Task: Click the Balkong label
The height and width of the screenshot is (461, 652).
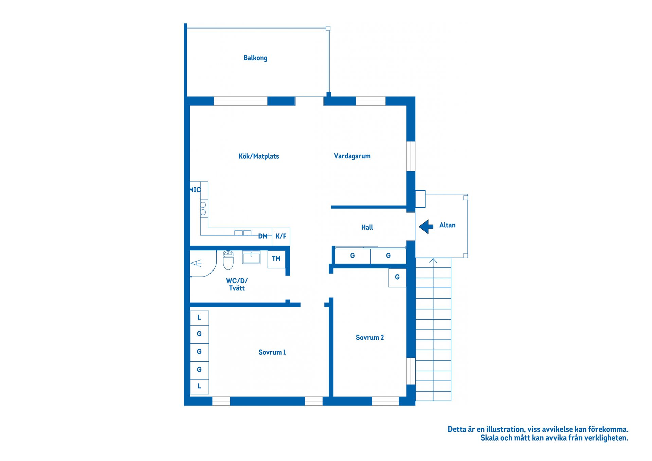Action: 255,58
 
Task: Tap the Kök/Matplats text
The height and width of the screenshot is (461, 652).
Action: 258,156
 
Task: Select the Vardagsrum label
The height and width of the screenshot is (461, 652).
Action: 352,156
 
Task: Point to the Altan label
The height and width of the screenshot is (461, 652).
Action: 447,225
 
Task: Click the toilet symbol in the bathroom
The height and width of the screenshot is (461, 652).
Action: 228,260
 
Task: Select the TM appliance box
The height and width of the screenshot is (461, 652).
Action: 276,259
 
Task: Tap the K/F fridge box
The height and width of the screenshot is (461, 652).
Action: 281,236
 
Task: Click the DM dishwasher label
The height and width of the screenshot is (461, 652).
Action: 262,236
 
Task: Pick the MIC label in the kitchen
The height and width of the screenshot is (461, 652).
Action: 195,190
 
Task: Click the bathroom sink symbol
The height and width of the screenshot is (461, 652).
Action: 251,257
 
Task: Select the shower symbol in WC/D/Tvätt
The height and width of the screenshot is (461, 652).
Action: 196,263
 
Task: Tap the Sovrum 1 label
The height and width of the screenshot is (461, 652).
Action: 272,352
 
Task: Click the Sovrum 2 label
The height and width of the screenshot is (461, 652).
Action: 369,337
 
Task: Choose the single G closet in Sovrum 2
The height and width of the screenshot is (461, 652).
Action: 397,278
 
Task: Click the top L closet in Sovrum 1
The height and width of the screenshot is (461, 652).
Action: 199,318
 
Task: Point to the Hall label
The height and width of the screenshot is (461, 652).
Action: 367,227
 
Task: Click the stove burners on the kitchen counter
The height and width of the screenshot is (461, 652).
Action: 203,208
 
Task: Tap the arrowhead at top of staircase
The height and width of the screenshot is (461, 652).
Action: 433,261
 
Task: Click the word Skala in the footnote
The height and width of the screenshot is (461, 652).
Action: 489,438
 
